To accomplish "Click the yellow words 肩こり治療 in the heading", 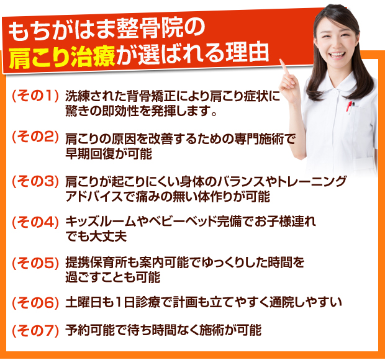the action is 62,57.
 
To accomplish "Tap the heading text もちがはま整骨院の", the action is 107,30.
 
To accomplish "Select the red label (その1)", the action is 35,96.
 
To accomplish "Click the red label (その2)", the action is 35,137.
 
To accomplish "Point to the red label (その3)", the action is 35,182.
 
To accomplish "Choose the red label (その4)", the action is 35,222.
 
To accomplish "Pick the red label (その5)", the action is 35,263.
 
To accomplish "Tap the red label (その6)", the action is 35,303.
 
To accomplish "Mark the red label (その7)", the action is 35,331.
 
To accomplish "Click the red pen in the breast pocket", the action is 348,107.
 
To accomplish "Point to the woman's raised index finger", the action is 284,67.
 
